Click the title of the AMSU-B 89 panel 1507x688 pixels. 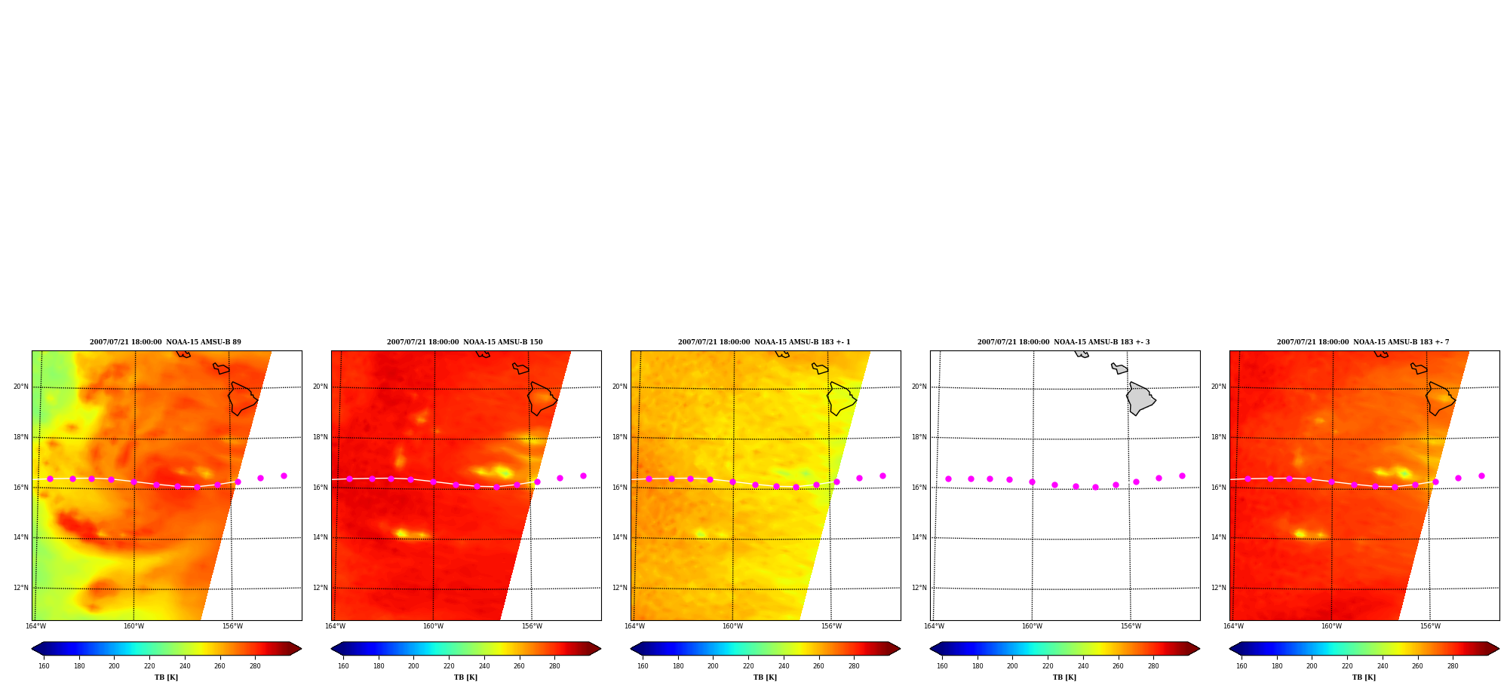165,342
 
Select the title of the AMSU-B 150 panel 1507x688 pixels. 465,342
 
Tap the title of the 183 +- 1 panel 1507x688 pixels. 764,342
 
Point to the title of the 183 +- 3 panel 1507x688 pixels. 1063,342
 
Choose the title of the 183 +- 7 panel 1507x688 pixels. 1363,342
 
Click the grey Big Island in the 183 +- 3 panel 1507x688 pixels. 1140,399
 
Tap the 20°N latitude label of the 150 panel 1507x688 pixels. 321,387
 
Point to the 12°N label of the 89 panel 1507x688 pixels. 21,588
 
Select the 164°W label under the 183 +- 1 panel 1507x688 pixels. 634,626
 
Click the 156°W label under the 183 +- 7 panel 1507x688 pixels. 1430,626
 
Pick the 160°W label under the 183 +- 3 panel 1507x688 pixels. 1032,626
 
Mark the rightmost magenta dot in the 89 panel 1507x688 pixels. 284,475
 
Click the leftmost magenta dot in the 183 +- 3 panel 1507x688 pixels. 948,479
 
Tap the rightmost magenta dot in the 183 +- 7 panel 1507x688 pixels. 1481,475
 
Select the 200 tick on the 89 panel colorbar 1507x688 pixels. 114,666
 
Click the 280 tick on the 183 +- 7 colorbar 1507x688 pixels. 1453,666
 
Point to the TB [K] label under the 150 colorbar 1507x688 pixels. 465,677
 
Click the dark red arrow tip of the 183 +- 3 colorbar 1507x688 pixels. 1199,648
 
